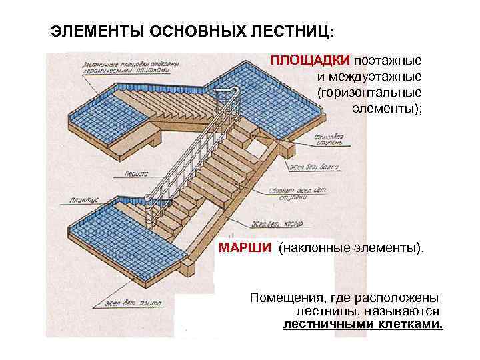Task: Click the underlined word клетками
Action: pos(409,325)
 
